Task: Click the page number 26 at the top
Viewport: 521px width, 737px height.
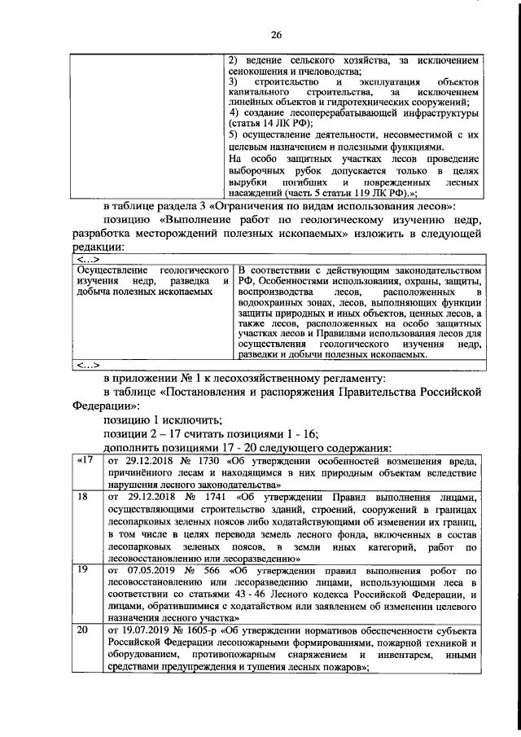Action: pos(276,34)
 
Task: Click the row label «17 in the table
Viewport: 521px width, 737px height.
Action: pos(83,462)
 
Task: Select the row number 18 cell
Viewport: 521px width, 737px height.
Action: pos(81,496)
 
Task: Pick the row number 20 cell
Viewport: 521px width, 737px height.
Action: pos(81,631)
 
